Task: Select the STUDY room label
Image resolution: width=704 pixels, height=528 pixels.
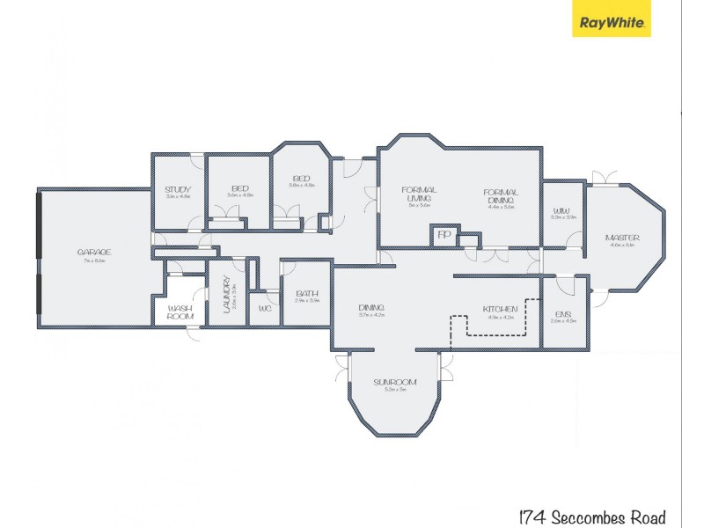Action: tap(179, 187)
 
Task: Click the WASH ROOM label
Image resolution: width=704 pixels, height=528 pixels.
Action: tap(180, 312)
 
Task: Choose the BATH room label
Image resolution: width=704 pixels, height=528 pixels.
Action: tap(307, 294)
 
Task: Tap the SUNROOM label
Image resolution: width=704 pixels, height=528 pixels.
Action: tap(393, 382)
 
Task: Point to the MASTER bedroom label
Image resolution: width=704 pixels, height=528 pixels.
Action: tap(622, 238)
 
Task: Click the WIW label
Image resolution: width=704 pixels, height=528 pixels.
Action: tap(561, 210)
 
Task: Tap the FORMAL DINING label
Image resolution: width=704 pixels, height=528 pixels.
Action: tap(500, 196)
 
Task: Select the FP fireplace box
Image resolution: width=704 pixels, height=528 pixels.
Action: tap(444, 236)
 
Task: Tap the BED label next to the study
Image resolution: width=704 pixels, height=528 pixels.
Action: tap(239, 187)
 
